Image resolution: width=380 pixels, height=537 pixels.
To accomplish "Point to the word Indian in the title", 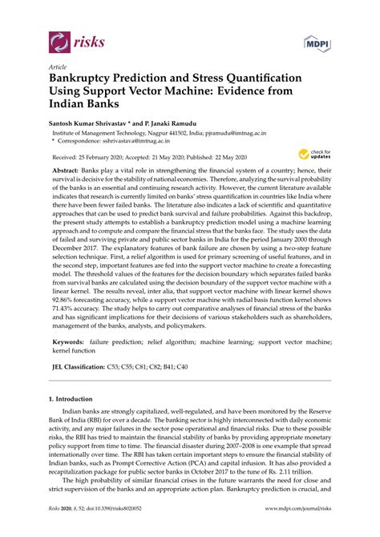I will [71, 105].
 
